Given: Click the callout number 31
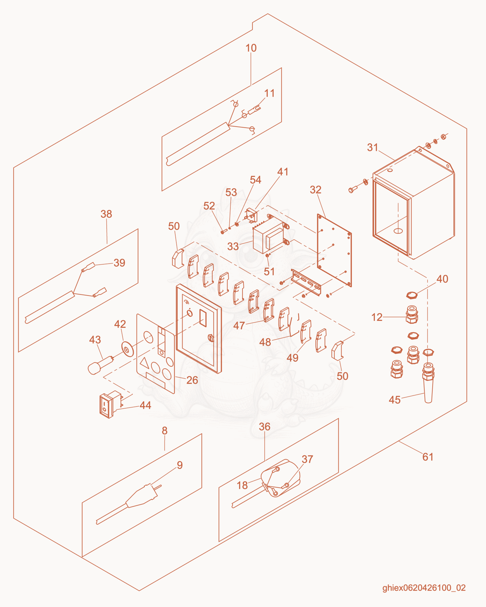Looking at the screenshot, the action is pyautogui.click(x=372, y=147).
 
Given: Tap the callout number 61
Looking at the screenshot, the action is pyautogui.click(x=428, y=457).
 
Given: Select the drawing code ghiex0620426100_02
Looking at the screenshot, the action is pyautogui.click(x=424, y=588).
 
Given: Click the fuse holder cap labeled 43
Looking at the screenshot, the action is pyautogui.click(x=101, y=365).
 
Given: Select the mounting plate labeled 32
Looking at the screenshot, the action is pyautogui.click(x=334, y=250).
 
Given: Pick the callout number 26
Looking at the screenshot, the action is pyautogui.click(x=192, y=380).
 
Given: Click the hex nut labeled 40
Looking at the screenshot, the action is pyautogui.click(x=412, y=295).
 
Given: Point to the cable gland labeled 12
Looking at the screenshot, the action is pyautogui.click(x=412, y=314).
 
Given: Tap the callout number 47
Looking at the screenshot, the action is pyautogui.click(x=239, y=326).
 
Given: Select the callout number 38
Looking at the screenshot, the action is pyautogui.click(x=106, y=214).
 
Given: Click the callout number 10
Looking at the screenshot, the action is pyautogui.click(x=251, y=48).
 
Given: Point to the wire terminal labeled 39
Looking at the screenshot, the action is pyautogui.click(x=88, y=267).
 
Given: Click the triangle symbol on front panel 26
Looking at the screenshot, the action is pyautogui.click(x=144, y=363).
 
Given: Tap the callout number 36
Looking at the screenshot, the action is pyautogui.click(x=265, y=427).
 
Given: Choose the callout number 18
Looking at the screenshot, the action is pyautogui.click(x=242, y=485).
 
